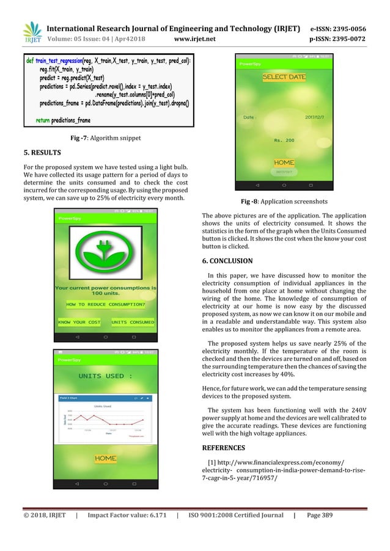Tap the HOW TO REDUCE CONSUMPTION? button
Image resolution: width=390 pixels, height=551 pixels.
point(106,304)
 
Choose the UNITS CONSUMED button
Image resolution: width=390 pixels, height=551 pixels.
point(133,322)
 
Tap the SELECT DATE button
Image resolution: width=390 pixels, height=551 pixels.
point(284,78)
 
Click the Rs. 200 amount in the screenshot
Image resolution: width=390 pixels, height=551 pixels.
point(284,140)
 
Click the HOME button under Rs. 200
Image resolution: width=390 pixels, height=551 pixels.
point(284,163)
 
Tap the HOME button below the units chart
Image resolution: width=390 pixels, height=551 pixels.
point(105,458)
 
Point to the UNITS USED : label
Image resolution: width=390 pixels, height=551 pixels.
point(105,376)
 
